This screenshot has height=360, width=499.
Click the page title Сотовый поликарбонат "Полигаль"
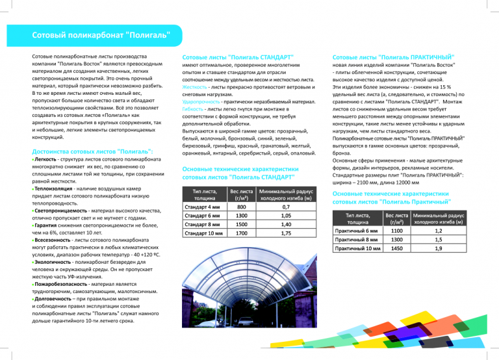pyautogui.click(x=101, y=34)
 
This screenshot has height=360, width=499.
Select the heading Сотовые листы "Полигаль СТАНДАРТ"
pyautogui.click(x=238, y=57)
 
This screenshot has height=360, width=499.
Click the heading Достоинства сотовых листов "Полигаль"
pyautogui.click(x=94, y=151)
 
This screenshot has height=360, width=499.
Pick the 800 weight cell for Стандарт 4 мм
pyautogui.click(x=240, y=207)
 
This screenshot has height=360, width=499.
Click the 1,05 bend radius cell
pyautogui.click(x=285, y=216)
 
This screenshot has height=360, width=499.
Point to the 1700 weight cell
pyautogui.click(x=240, y=233)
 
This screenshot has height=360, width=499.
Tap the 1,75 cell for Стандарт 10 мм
pyautogui.click(x=285, y=233)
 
